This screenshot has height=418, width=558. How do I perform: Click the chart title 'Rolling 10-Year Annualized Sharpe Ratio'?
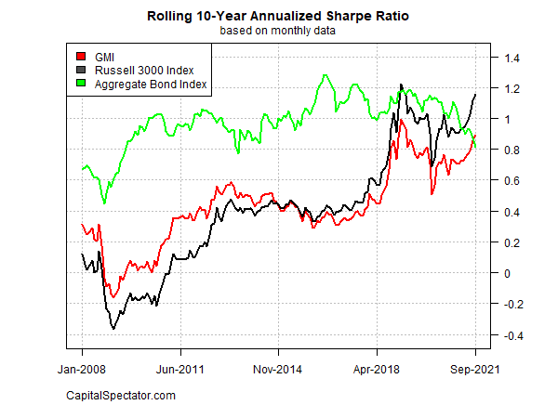(x=279, y=17)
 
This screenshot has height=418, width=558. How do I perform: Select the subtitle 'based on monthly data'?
(x=279, y=31)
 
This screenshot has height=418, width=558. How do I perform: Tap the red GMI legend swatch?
(x=81, y=57)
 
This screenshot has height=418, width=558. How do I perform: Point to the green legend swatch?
(x=81, y=85)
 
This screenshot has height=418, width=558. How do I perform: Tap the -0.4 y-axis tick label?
(x=511, y=335)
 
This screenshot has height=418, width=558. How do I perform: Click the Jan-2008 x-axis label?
(x=82, y=368)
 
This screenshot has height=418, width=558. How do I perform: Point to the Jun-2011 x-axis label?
(x=180, y=368)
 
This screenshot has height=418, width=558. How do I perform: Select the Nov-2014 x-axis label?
(x=279, y=368)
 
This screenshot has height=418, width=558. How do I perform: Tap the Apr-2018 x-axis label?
(x=377, y=368)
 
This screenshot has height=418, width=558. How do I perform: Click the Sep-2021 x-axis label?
(x=475, y=368)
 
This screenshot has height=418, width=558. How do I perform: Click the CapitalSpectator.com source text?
(x=120, y=397)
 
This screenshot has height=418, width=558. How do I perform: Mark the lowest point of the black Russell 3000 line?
(x=113, y=328)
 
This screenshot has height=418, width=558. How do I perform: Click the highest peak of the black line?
(x=401, y=85)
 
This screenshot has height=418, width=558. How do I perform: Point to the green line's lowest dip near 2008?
(x=104, y=202)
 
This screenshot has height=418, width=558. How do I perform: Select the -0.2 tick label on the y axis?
(x=511, y=305)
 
